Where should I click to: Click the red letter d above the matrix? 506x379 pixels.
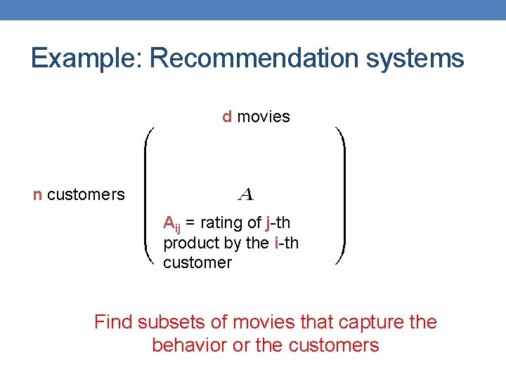[227, 117]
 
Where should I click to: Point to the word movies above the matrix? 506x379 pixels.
[264, 117]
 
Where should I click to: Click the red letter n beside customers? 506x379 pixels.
[37, 194]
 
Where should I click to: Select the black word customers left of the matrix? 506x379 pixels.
[86, 194]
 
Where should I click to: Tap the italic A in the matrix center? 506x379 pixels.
[245, 192]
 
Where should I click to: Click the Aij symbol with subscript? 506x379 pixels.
[171, 224]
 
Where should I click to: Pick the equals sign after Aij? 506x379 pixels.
[190, 224]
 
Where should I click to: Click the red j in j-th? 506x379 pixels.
[268, 224]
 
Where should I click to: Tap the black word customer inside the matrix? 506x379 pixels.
[197, 262]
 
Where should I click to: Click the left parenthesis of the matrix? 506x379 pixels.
[150, 195]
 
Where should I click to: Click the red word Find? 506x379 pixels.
[113, 322]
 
